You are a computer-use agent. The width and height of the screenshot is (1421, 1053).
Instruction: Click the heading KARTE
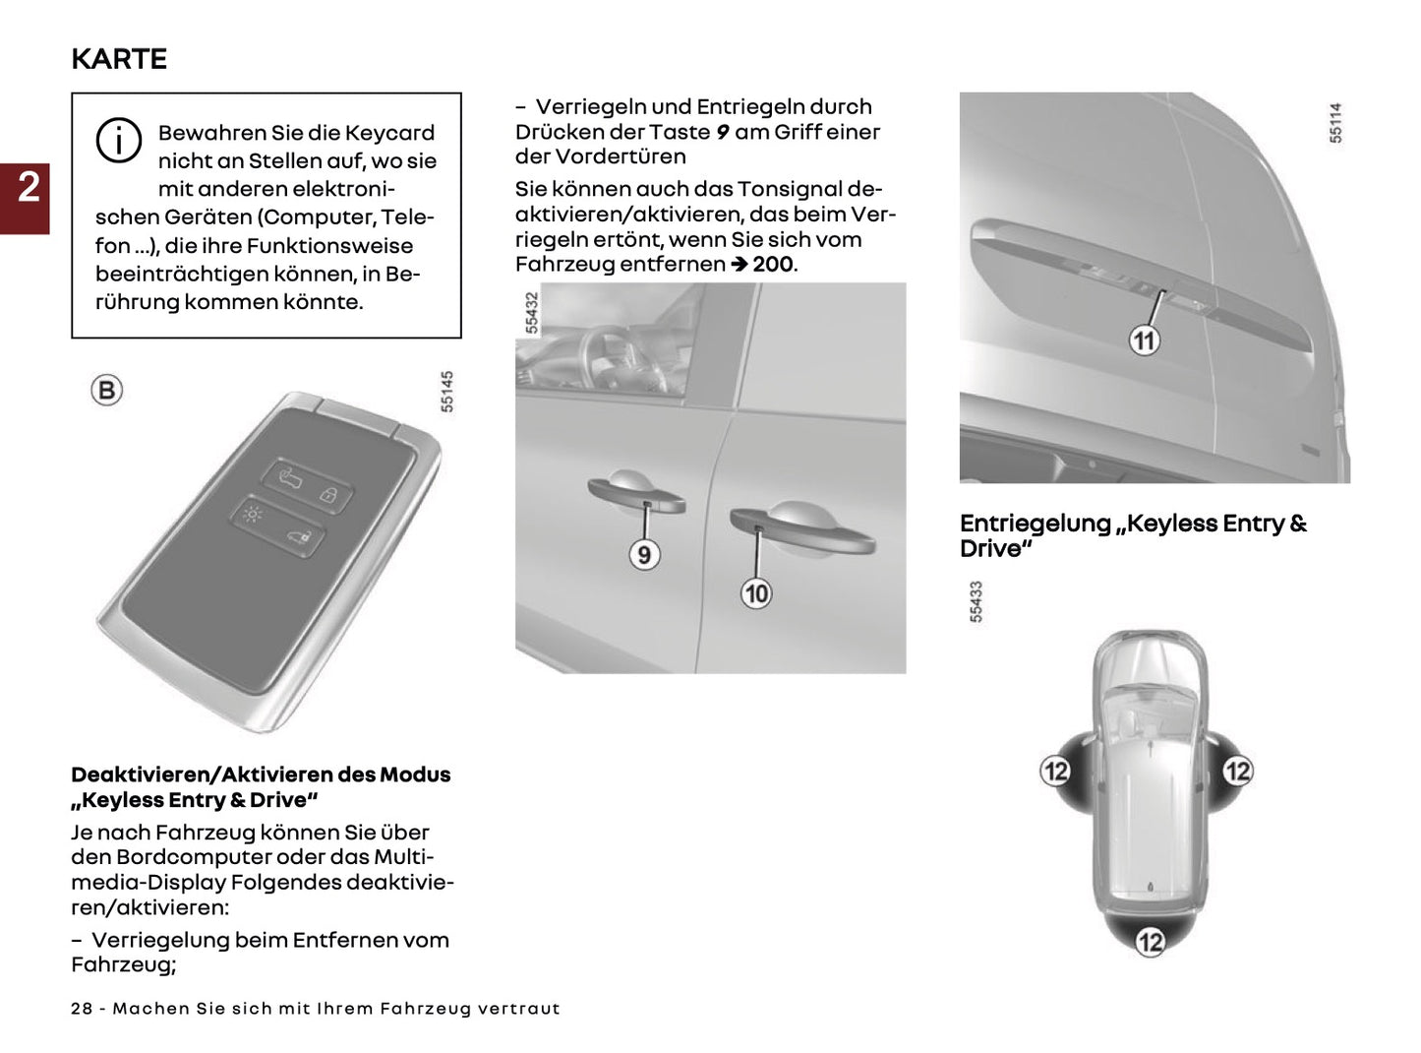click(x=119, y=59)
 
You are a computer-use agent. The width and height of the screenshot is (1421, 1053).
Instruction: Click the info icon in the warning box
click(x=118, y=141)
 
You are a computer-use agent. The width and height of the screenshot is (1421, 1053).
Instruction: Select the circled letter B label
click(x=106, y=391)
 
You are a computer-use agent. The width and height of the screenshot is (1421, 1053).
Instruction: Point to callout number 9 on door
click(x=644, y=555)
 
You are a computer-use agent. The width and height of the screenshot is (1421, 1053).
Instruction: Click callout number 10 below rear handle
click(x=756, y=593)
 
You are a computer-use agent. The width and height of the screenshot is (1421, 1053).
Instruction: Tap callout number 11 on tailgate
click(x=1144, y=341)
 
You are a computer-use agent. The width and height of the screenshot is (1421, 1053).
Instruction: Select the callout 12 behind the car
click(x=1150, y=942)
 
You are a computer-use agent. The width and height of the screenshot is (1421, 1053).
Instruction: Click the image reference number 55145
click(x=447, y=391)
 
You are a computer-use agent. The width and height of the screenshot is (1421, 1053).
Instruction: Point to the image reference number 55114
click(x=1335, y=123)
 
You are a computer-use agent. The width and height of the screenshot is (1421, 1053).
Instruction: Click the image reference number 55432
click(x=532, y=313)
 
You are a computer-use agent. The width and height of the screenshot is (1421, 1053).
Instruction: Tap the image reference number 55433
click(x=976, y=601)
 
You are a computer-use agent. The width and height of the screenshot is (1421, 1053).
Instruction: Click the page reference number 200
click(x=773, y=265)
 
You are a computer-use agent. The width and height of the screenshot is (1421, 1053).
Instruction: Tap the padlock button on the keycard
click(x=331, y=495)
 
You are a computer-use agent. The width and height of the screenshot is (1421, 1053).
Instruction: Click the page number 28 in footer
click(x=82, y=1009)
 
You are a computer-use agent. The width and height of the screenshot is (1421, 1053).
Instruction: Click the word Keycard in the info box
click(x=389, y=133)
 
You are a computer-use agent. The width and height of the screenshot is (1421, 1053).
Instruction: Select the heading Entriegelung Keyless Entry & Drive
click(x=1133, y=535)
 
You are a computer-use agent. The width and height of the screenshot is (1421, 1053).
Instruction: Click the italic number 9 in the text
click(x=722, y=132)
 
